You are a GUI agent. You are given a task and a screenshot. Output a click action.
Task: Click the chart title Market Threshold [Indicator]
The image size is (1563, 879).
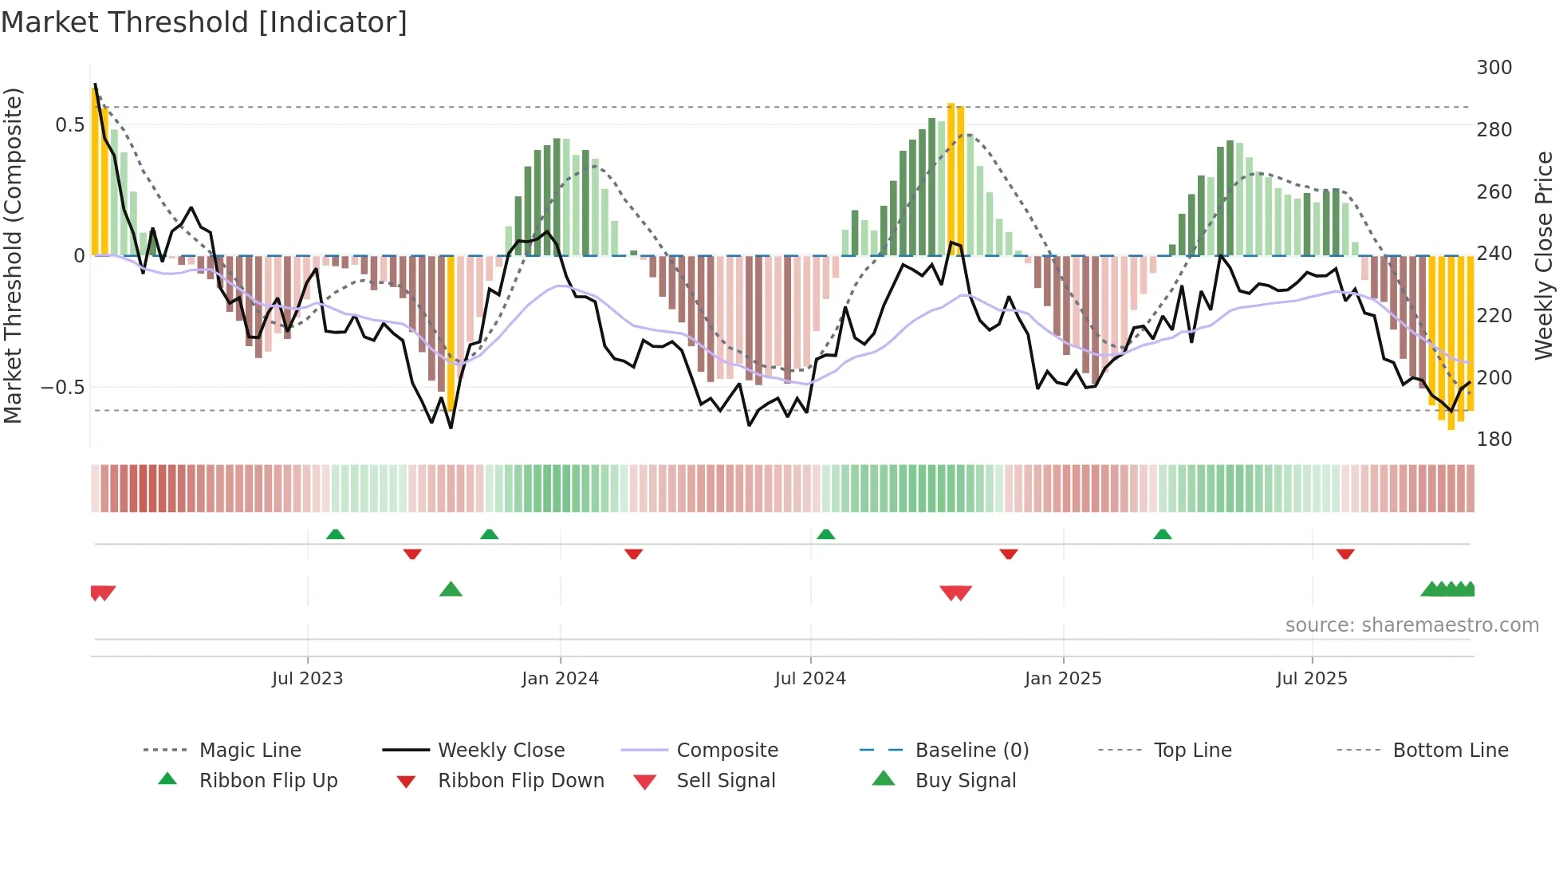click(x=204, y=22)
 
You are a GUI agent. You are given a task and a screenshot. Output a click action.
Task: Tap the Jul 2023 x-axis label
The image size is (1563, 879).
click(x=307, y=678)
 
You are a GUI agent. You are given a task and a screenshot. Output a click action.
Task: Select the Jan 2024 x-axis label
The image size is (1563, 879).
click(x=560, y=678)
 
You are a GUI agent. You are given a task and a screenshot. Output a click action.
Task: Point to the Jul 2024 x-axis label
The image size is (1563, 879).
click(x=810, y=678)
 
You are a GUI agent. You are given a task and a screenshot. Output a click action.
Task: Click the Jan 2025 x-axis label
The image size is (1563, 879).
click(x=1063, y=678)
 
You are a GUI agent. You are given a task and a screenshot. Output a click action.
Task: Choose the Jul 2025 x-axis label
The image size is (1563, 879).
click(x=1312, y=678)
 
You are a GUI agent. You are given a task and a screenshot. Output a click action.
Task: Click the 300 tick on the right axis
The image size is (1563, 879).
click(x=1494, y=68)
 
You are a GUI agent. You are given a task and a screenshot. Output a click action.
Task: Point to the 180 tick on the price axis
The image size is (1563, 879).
click(x=1494, y=439)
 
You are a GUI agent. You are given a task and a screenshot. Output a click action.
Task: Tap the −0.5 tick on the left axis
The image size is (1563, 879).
click(x=62, y=388)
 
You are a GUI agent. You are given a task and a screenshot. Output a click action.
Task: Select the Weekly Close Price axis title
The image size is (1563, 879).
click(x=1544, y=255)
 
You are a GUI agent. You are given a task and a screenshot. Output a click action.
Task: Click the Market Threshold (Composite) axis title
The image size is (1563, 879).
click(x=13, y=255)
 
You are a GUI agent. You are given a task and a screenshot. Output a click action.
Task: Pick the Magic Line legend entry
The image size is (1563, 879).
click(x=250, y=751)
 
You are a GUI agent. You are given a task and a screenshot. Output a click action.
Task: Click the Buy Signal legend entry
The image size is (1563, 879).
click(x=965, y=781)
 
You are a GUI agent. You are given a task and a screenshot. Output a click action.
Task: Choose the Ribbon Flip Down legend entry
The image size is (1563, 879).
click(x=520, y=781)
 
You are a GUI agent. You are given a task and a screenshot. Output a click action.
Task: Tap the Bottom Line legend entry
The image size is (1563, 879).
click(x=1450, y=751)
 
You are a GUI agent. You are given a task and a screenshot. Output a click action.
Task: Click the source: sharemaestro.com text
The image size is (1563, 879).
click(x=1411, y=625)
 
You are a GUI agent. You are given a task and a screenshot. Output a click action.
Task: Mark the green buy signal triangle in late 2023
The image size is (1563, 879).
click(x=451, y=590)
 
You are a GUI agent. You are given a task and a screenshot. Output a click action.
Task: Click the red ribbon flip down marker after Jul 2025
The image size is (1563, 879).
click(x=1345, y=554)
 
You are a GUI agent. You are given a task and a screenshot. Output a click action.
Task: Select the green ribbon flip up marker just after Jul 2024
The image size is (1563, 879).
click(x=826, y=534)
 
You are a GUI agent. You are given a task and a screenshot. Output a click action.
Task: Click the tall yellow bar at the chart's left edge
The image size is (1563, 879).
click(x=96, y=171)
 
